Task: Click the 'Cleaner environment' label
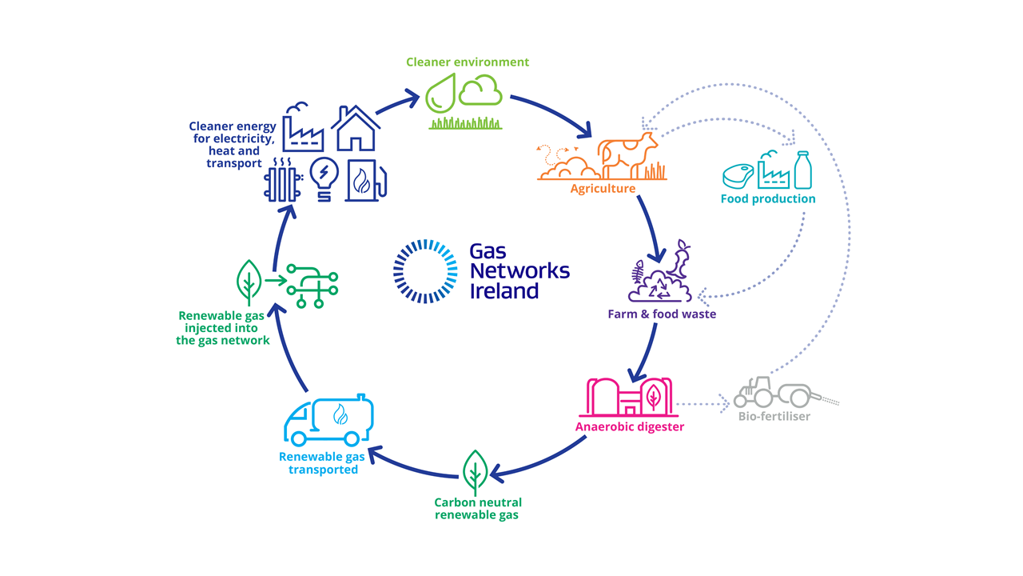click(x=468, y=62)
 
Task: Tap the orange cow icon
click(x=627, y=155)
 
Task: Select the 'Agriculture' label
click(x=603, y=188)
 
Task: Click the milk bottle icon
click(x=803, y=170)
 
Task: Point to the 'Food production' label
click(x=768, y=199)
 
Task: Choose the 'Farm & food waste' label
click(x=662, y=314)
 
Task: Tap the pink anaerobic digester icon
click(x=628, y=397)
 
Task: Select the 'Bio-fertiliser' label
click(x=774, y=417)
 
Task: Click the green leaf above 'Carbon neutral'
click(x=475, y=472)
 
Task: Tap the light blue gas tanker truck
click(x=328, y=420)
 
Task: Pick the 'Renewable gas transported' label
click(x=322, y=463)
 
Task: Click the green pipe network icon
click(x=312, y=286)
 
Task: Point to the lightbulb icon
click(x=324, y=179)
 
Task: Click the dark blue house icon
click(x=356, y=129)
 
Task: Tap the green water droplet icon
click(x=440, y=93)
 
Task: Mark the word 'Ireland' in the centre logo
click(x=504, y=291)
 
